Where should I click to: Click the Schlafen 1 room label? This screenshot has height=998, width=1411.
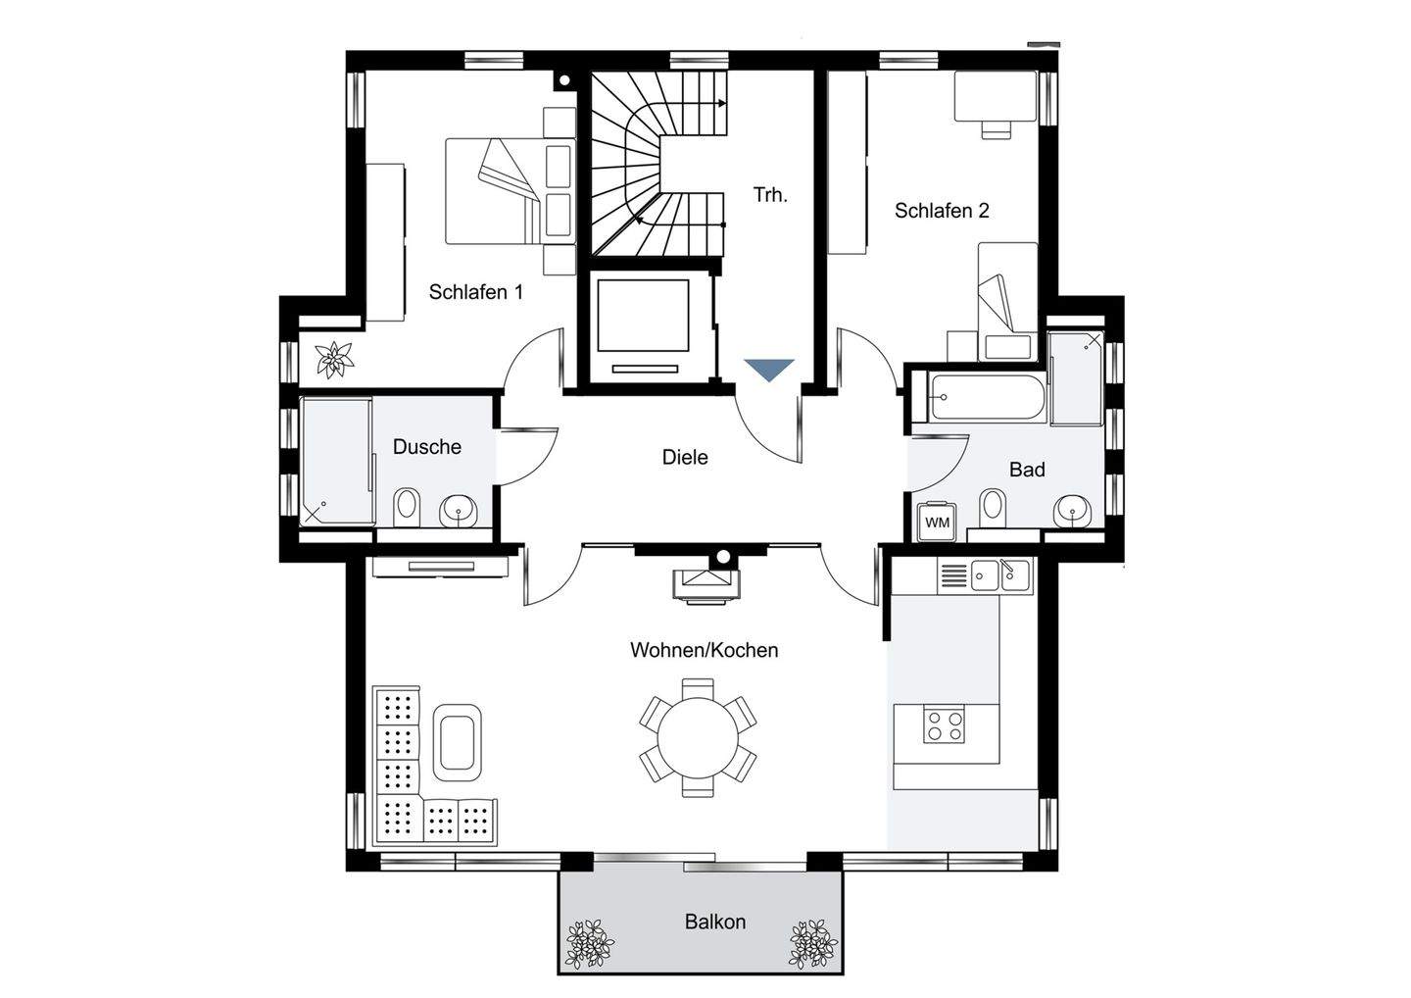coord(475,292)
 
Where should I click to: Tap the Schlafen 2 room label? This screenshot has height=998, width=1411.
coord(942,211)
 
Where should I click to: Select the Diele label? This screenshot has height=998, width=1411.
coord(685,457)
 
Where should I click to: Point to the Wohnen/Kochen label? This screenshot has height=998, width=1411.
coord(705,650)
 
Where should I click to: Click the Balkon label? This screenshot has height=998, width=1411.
coord(715,922)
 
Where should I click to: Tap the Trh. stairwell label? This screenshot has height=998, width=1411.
coord(770,195)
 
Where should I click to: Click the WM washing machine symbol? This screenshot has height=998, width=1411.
coord(938,521)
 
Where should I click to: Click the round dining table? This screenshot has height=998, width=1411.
coord(698,738)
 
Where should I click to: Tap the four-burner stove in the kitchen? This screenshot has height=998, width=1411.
coord(945,725)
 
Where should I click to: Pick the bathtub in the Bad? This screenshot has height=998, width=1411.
coord(986,397)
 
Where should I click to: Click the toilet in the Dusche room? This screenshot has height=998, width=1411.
coord(407,507)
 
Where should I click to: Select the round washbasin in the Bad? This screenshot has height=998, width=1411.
coord(1072,510)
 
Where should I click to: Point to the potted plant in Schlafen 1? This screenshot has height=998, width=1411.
coord(334,360)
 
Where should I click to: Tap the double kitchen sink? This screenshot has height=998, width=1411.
coord(1000,575)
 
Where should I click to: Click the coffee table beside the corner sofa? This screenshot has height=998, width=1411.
coord(458,743)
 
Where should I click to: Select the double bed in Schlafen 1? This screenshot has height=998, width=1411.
coord(511,191)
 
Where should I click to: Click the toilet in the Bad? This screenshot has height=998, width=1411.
coord(994,506)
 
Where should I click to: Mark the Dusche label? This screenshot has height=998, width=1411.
coord(427,447)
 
